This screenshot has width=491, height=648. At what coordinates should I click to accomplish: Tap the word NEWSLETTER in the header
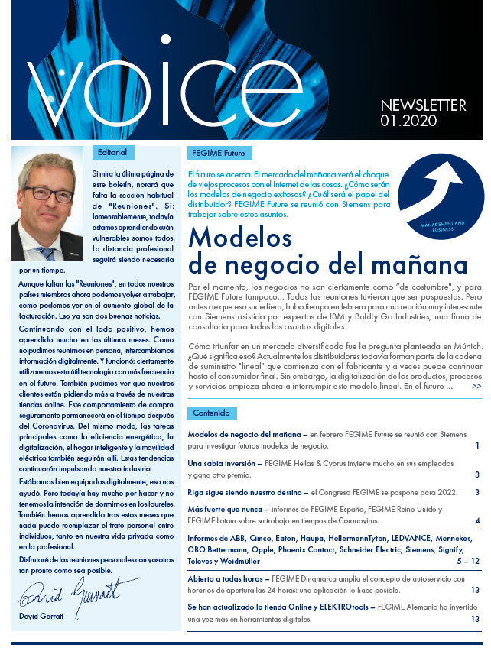[x=423, y=105]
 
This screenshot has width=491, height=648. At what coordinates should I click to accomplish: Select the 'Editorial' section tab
[x=112, y=152]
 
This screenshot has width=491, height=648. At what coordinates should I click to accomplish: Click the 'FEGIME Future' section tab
[x=219, y=153]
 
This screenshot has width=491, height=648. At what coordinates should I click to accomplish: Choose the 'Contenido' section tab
[x=211, y=413]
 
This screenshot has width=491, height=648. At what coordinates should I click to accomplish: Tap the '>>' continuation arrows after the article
[x=476, y=386]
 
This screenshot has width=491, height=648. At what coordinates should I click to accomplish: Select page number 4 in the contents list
[x=476, y=521]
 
